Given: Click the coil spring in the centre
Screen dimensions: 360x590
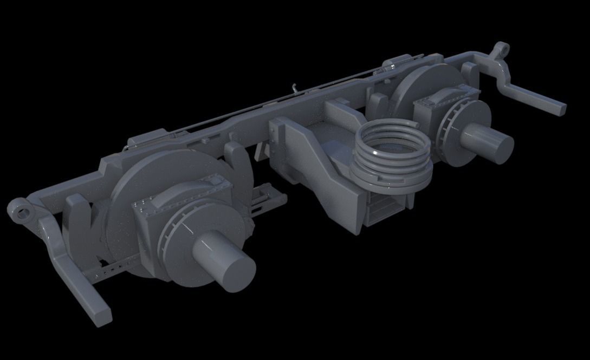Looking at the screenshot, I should (x=391, y=154).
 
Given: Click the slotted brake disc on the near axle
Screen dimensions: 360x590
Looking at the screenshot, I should (x=179, y=238).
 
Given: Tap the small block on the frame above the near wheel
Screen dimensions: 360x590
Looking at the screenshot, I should (x=147, y=138).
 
